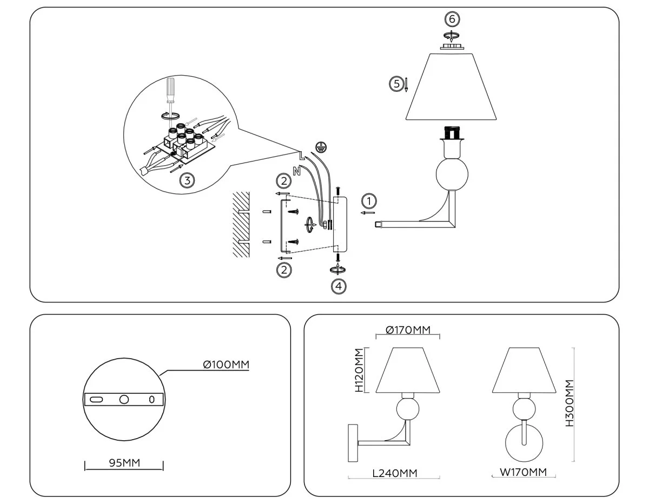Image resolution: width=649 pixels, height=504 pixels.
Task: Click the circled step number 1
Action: tap(369, 200)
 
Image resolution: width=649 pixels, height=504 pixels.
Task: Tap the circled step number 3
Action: tap(187, 180)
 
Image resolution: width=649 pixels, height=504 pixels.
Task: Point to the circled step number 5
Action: tap(396, 84)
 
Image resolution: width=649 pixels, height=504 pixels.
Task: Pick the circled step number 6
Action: tap(452, 19)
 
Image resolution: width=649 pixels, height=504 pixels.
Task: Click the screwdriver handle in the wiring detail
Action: tap(171, 88)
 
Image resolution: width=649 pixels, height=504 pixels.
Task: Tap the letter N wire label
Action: tap(296, 171)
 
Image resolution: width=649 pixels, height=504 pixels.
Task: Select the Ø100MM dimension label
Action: tap(226, 365)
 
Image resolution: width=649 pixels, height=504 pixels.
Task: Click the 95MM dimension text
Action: tap(124, 463)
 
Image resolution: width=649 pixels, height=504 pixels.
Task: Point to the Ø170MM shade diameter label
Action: tap(408, 330)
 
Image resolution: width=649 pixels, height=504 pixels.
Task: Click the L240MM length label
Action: tap(394, 473)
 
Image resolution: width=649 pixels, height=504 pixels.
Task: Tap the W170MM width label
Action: tap(523, 472)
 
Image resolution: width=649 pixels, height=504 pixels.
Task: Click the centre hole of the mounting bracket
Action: tap(124, 399)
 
